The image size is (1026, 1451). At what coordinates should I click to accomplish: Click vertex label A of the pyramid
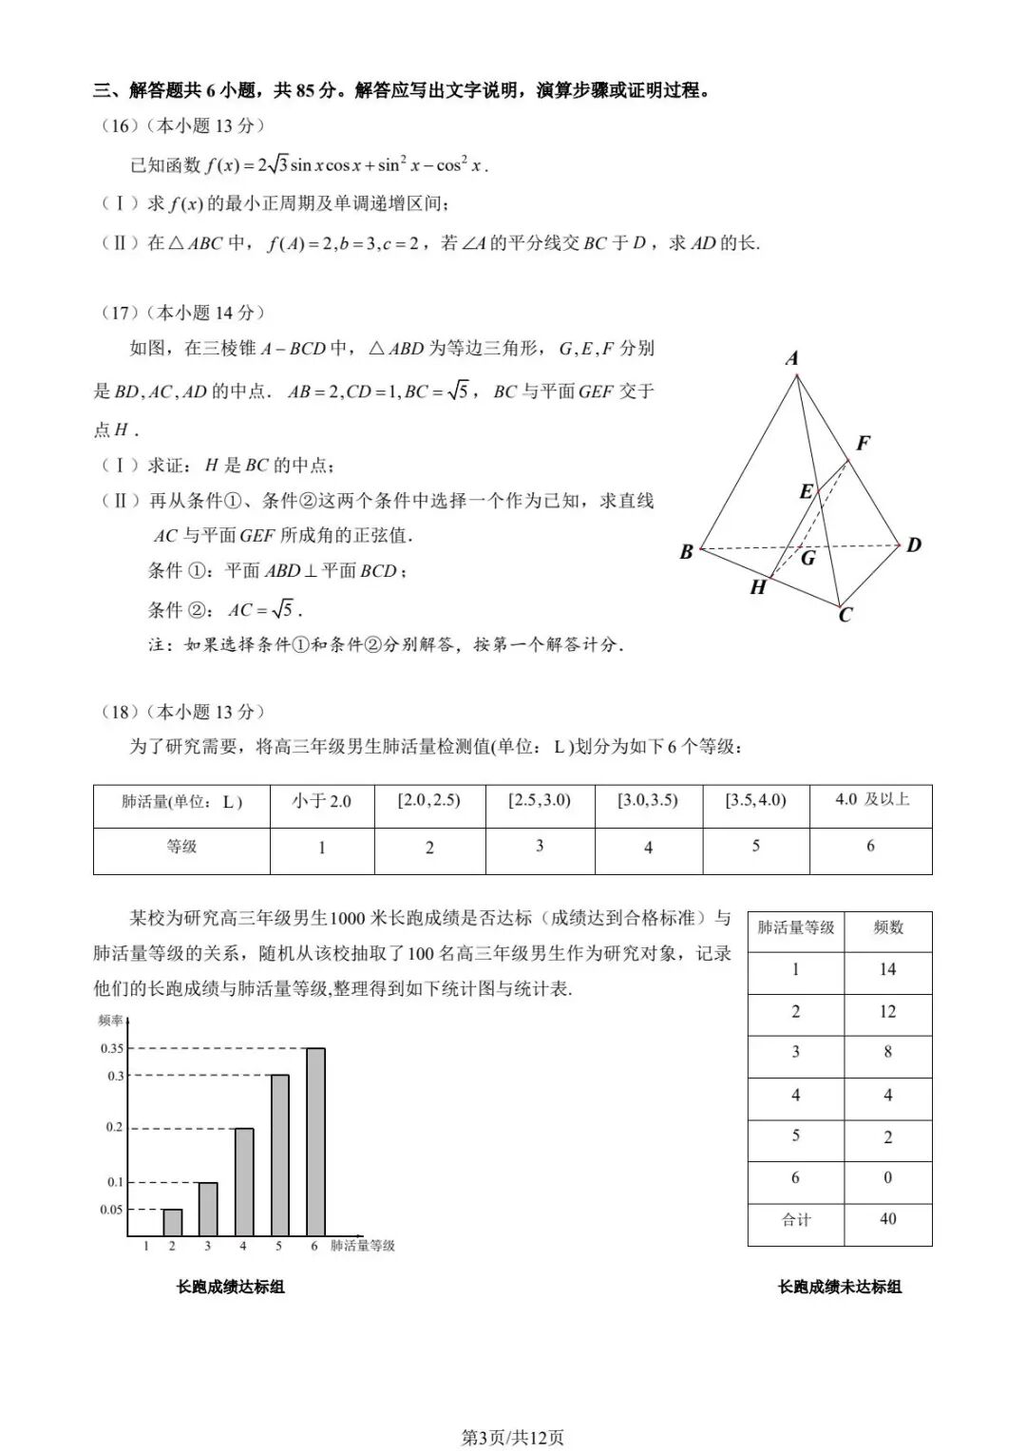coord(792,358)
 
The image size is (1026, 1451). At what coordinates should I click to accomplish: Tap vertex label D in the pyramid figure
coord(914,544)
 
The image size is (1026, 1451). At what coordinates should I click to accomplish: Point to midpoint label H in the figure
coord(758,587)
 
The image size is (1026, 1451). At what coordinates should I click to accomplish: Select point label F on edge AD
coord(863,443)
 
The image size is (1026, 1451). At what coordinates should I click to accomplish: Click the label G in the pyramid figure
coord(808,558)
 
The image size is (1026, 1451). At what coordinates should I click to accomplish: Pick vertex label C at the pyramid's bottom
coord(845,615)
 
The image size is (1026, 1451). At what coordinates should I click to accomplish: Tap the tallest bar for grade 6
coord(315,1140)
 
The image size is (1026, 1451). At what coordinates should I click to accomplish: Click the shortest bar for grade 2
coord(172,1222)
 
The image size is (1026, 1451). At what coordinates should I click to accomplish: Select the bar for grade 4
coord(243,1181)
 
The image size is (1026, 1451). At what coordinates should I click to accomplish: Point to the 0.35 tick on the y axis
coord(112,1048)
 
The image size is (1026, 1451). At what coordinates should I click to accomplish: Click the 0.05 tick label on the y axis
coord(112,1210)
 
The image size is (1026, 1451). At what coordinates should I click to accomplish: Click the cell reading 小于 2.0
coord(322,801)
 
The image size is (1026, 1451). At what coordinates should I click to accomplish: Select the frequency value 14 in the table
coord(887,969)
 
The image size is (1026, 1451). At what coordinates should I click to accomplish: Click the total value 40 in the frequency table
coord(887,1219)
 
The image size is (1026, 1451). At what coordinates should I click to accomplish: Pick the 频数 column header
coord(887,927)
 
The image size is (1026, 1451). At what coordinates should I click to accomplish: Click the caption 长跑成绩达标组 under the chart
coord(231,1287)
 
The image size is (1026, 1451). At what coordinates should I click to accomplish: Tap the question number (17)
coord(119,313)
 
